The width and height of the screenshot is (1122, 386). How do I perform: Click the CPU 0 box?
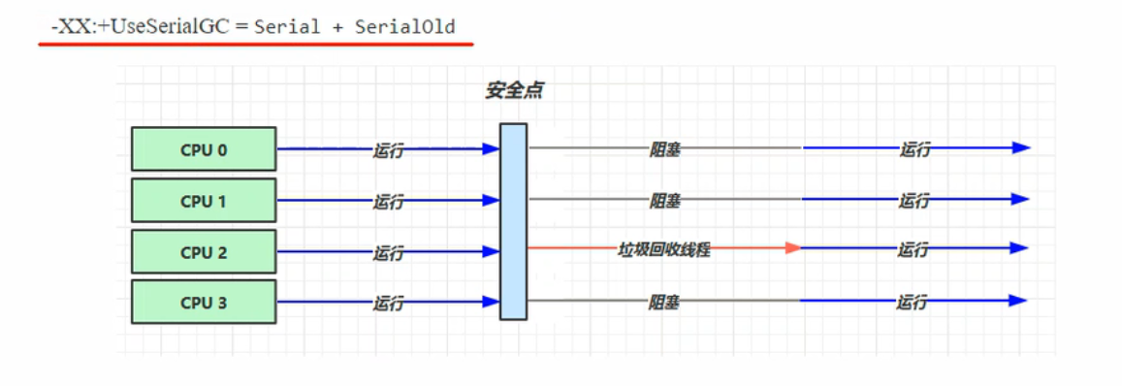204,149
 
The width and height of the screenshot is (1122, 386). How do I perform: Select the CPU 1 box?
204,201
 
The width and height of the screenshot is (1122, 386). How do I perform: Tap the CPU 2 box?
204,252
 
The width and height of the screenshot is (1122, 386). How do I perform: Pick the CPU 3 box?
204,303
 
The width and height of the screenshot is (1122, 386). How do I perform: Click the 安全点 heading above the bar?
513,91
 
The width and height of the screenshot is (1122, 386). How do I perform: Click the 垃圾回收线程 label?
664,249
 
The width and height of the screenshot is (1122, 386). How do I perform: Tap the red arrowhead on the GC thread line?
792,248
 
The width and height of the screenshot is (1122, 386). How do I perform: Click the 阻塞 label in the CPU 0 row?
664,149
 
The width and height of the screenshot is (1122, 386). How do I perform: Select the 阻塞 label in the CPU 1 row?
664,201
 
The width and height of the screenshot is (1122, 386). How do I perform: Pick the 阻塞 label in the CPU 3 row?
664,303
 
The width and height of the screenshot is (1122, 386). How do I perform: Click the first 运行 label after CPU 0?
388,150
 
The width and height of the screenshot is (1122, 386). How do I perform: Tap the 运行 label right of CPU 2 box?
388,252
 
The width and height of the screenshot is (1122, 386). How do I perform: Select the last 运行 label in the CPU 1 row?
914,201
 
